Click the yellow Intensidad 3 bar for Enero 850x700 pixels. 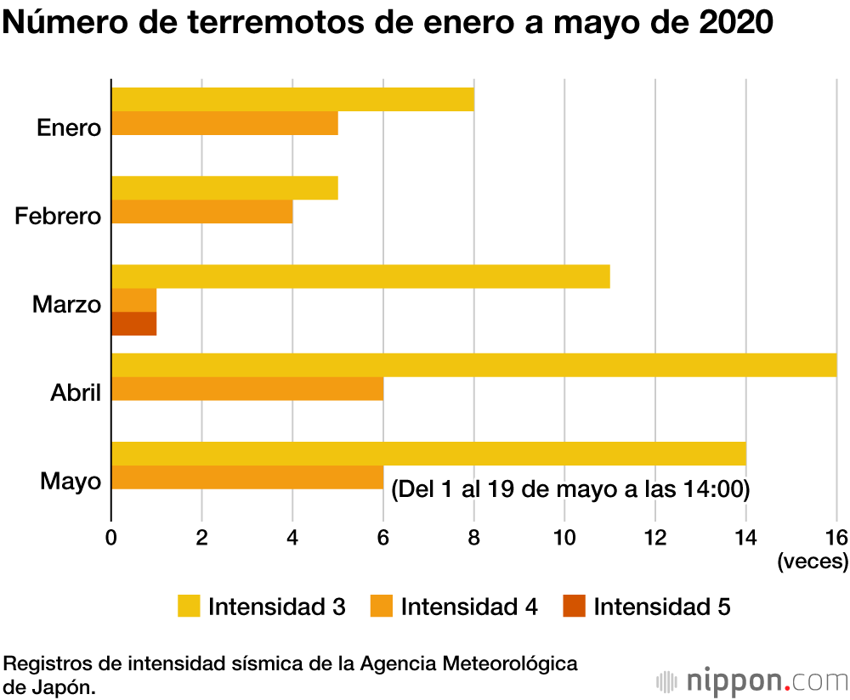(x=292, y=99)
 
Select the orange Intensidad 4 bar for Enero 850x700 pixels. (x=224, y=123)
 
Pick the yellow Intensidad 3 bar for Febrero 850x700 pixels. (x=224, y=188)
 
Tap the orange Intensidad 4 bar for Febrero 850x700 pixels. (x=201, y=212)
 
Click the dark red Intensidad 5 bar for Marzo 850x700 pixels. (x=133, y=324)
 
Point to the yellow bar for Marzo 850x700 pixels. (x=360, y=276)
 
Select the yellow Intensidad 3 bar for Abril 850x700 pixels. (x=473, y=364)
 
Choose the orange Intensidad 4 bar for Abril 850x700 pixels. (x=247, y=388)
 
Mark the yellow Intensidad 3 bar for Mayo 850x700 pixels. (x=428, y=453)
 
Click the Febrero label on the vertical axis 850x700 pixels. (x=58, y=217)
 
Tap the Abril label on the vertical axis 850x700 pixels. (x=76, y=393)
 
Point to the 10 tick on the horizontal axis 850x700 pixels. (x=564, y=537)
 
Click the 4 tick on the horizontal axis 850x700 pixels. (x=292, y=537)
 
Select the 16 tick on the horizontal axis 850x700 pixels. (x=836, y=537)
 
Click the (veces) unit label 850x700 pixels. (x=813, y=562)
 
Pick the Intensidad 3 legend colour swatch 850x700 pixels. (x=189, y=607)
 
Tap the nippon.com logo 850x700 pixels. (x=753, y=681)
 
